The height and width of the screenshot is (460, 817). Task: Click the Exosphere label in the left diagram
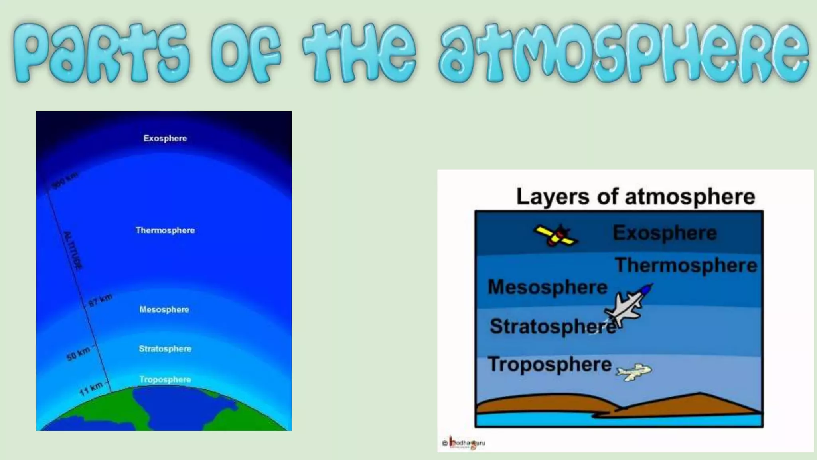click(x=165, y=138)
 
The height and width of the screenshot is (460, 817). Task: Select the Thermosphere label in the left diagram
click(x=165, y=230)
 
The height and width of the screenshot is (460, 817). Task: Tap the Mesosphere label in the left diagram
click(x=164, y=309)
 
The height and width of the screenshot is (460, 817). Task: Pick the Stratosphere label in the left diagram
click(x=165, y=349)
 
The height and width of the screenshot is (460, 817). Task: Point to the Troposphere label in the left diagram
click(x=165, y=379)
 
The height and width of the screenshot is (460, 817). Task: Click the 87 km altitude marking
click(x=100, y=301)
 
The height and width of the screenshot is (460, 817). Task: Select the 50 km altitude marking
click(x=79, y=354)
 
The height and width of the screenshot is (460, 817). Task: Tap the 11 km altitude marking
click(x=91, y=389)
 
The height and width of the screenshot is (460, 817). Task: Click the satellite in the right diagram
click(x=556, y=236)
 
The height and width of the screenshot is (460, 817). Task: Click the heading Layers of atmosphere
click(x=635, y=196)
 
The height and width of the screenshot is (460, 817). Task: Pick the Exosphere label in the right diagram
click(x=665, y=233)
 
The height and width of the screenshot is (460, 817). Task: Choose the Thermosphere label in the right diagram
click(x=686, y=265)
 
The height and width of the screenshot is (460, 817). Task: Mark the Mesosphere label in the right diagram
click(x=548, y=287)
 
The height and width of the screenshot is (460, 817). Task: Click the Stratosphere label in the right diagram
click(x=553, y=326)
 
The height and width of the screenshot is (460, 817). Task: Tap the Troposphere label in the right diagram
click(x=550, y=364)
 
